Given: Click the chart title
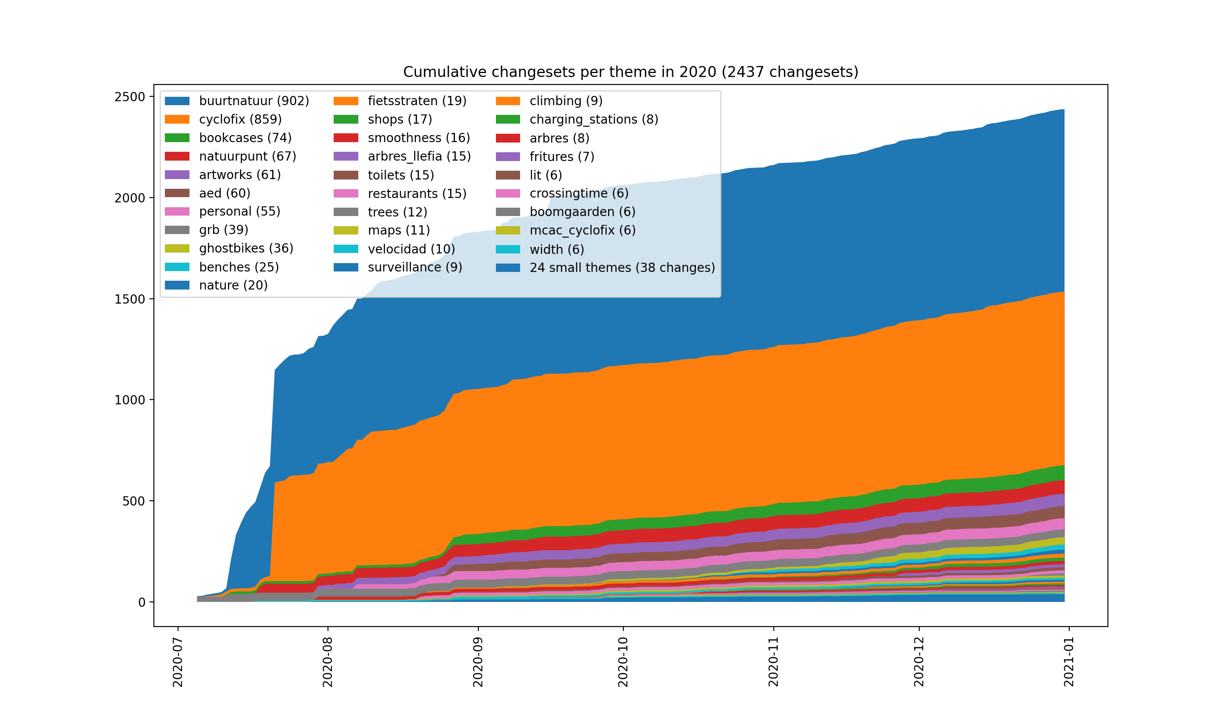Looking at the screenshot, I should (x=630, y=72).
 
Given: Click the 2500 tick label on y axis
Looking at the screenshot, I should (x=130, y=97).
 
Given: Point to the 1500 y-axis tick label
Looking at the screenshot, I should (x=130, y=299).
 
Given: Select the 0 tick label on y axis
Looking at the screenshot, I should (x=142, y=602).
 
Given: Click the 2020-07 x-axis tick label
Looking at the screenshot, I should (x=178, y=661).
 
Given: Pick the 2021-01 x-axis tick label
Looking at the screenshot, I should (x=1069, y=661).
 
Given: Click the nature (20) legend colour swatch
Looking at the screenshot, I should (x=177, y=286).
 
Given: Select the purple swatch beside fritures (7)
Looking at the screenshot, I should (x=508, y=157).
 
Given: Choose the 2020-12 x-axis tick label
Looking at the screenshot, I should (x=918, y=661).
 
